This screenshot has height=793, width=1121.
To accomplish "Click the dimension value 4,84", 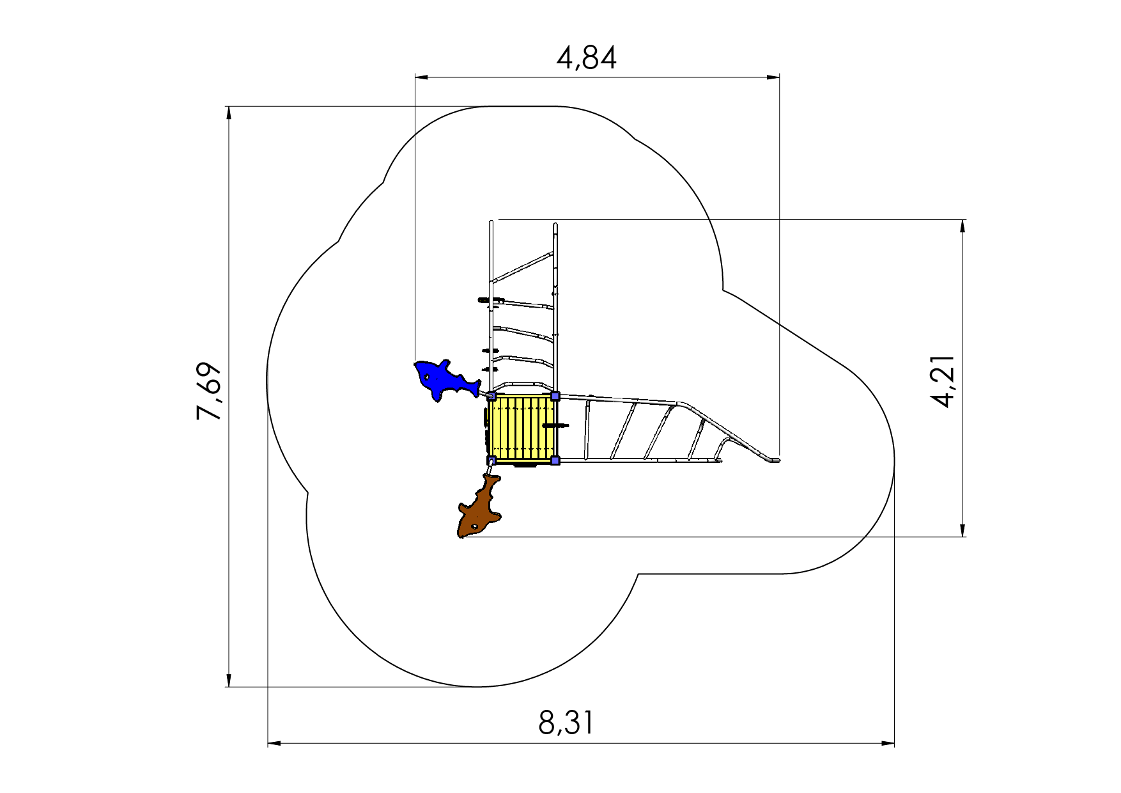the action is click(587, 58).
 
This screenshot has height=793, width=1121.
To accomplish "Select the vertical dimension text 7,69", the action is click(210, 391).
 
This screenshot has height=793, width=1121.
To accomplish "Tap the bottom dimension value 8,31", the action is click(566, 723).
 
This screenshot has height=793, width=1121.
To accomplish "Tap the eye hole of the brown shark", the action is click(475, 527).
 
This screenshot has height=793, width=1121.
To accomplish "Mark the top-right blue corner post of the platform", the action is click(555, 396).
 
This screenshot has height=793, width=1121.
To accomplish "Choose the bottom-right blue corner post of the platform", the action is click(555, 460).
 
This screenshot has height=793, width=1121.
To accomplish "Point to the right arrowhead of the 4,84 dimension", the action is click(773, 77).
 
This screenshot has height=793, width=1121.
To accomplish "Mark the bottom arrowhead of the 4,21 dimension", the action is click(963, 530).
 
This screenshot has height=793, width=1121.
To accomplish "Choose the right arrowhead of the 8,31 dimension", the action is click(888, 744).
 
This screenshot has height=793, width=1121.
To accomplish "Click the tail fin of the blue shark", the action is click(474, 388).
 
